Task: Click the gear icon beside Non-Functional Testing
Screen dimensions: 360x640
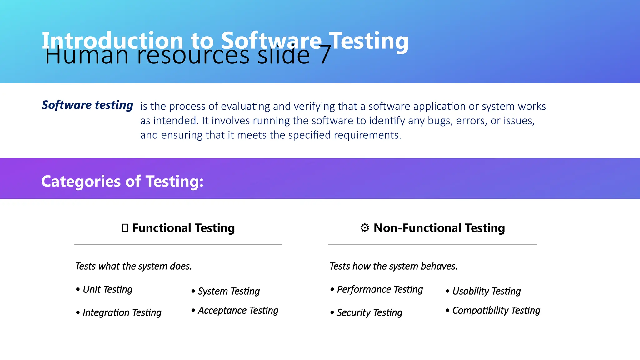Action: pos(365,228)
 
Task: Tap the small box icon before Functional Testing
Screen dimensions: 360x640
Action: pos(125,228)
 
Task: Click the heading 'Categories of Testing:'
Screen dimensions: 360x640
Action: pos(122,181)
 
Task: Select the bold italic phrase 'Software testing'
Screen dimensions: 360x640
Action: pos(87,105)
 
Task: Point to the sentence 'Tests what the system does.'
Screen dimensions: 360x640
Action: pos(133,266)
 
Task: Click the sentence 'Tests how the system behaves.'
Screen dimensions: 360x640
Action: pos(393,266)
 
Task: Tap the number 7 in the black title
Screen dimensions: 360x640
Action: pos(325,56)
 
